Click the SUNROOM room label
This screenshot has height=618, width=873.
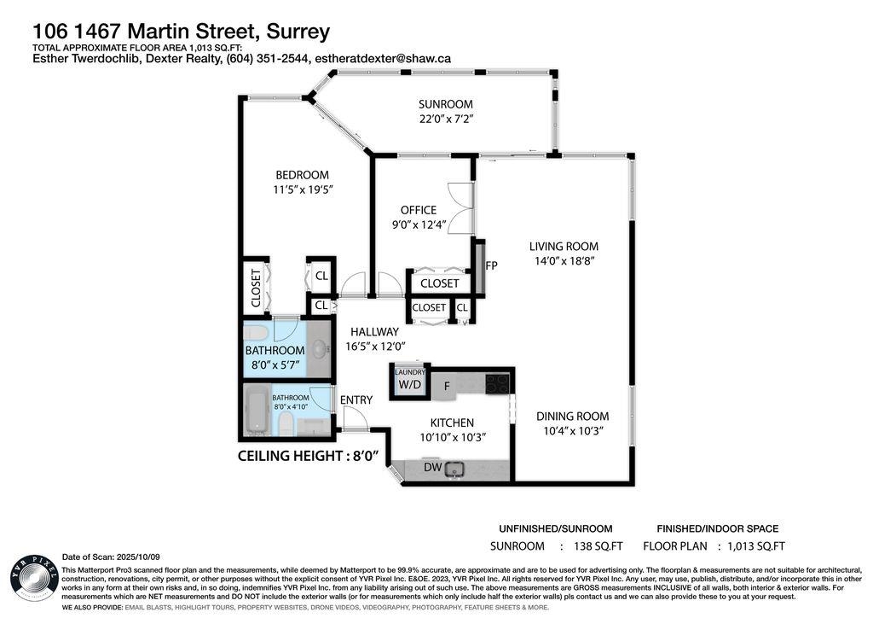pyautogui.click(x=445, y=104)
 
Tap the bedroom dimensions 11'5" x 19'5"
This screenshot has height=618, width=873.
pyautogui.click(x=296, y=189)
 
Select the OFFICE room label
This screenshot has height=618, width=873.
pyautogui.click(x=418, y=210)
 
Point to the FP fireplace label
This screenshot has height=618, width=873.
pyautogui.click(x=491, y=265)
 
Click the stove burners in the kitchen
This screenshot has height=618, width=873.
pyautogui.click(x=497, y=384)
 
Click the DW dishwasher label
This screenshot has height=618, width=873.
pyautogui.click(x=434, y=468)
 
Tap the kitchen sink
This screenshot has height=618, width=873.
pyautogui.click(x=455, y=468)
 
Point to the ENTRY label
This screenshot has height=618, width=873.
pyautogui.click(x=356, y=399)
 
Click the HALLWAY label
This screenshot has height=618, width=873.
pyautogui.click(x=373, y=332)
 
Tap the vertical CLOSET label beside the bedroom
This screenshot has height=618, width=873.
pyautogui.click(x=255, y=289)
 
